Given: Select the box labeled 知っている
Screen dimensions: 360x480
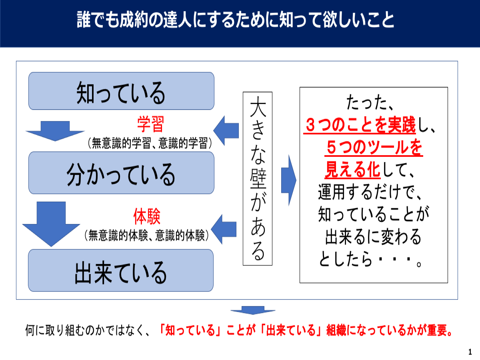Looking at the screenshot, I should click(x=121, y=91).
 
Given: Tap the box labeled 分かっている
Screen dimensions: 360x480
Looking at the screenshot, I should click(x=121, y=173).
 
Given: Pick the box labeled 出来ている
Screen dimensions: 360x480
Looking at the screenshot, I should click(x=121, y=270).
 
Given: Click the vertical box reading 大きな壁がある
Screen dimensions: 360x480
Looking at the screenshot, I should click(x=258, y=178).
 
